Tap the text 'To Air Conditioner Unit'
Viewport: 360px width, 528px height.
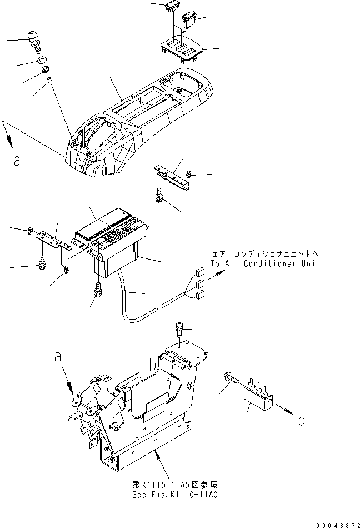coord(264,263)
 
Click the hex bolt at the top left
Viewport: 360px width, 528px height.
coord(35,41)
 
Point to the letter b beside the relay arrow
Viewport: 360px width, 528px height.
coord(301,420)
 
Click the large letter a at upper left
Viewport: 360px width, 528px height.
coord(17,161)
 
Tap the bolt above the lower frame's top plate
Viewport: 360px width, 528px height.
coord(179,329)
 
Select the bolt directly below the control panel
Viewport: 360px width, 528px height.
coord(98,290)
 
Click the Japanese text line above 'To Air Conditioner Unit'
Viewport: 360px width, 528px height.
coord(264,253)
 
